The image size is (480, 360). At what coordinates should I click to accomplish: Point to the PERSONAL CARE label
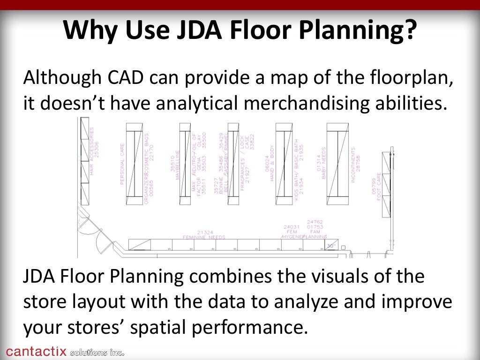pyautogui.click(x=122, y=164)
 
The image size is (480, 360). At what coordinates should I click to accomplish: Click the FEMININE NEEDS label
pyautogui.click(x=204, y=238)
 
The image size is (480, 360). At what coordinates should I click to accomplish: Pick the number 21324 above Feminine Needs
pyautogui.click(x=205, y=232)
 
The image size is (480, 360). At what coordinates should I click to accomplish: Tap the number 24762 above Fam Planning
pyautogui.click(x=315, y=222)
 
